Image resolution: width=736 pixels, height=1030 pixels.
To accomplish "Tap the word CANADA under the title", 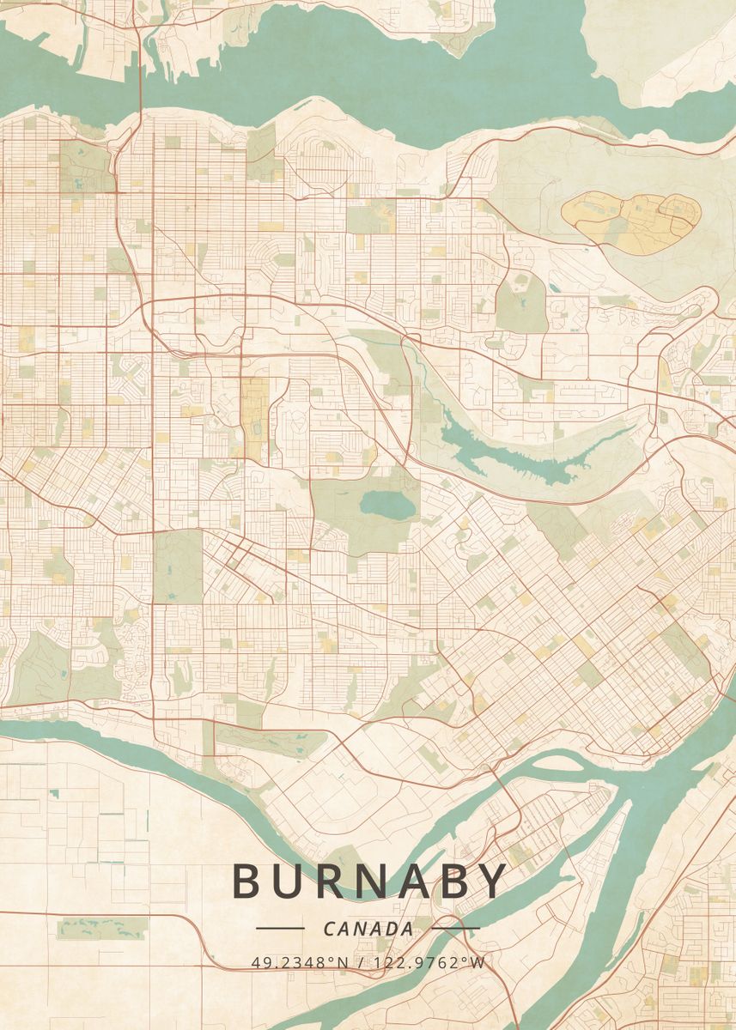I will tap(368, 929).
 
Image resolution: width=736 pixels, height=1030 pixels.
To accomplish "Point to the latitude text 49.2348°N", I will tap(300, 962).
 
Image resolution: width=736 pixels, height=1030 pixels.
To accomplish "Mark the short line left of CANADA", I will tap(280, 928).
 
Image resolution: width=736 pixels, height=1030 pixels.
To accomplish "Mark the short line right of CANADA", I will tap(455, 928).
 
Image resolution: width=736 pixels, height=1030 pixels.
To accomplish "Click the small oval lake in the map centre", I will tap(386, 504).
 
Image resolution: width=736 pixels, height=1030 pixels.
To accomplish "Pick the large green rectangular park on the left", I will tap(178, 566).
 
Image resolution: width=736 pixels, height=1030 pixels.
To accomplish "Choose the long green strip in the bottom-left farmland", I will tap(102, 927).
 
